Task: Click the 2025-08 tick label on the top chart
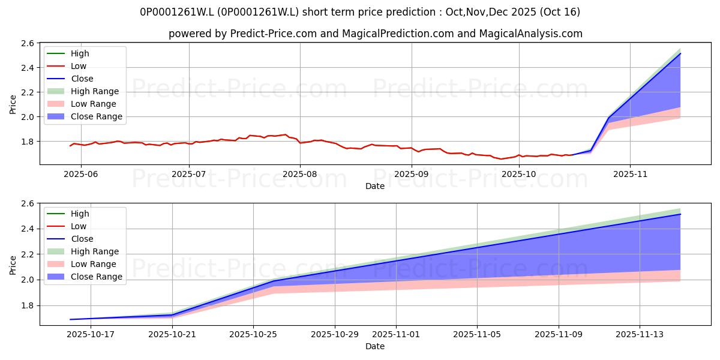point(299,174)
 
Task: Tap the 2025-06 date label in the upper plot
point(80,174)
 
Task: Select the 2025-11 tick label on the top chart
point(630,174)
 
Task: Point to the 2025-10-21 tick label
point(172,335)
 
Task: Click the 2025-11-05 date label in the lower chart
point(476,335)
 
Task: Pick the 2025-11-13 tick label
point(640,335)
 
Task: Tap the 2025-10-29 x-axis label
point(335,335)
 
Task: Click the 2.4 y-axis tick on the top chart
point(28,68)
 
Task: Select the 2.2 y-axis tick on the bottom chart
point(28,254)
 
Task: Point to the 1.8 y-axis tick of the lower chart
point(28,305)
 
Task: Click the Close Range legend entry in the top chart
point(85,116)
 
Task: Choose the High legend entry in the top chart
point(68,53)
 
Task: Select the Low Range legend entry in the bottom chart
point(82,264)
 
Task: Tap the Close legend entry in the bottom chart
point(70,239)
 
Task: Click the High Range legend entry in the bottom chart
point(83,251)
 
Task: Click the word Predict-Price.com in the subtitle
point(274,34)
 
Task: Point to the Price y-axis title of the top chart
point(13,104)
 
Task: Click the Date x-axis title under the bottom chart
point(375,346)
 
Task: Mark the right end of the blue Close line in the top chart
point(680,53)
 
